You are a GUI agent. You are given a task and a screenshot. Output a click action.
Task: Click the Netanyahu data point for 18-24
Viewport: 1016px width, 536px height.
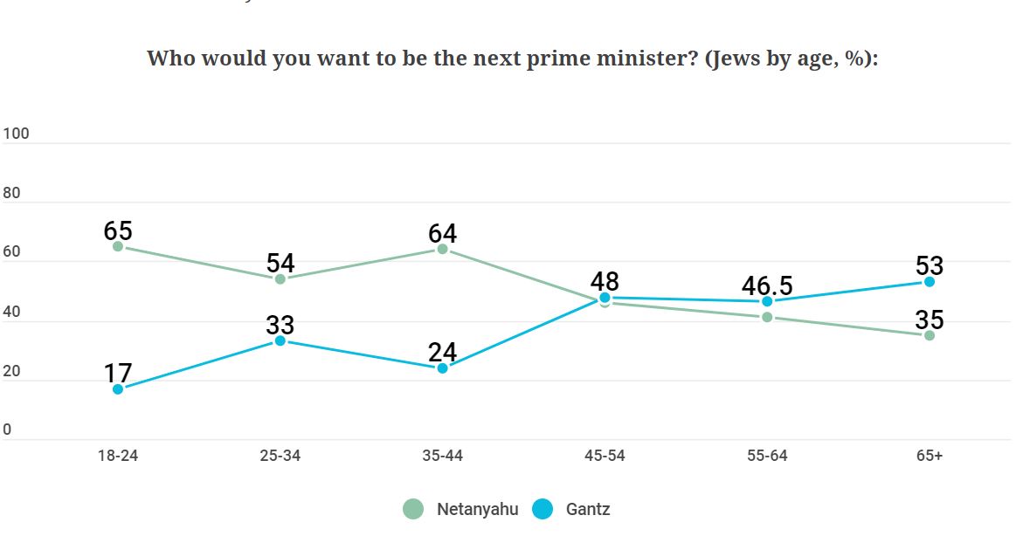point(118,246)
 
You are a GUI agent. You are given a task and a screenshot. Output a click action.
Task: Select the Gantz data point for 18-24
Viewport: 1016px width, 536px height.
point(118,388)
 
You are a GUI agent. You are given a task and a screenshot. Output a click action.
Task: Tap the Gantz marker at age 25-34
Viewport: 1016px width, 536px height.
point(280,340)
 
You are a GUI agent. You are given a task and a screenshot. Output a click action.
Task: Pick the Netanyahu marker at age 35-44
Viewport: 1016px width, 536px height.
point(442,249)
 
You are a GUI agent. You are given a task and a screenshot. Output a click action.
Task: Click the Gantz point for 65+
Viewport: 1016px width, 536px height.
point(930,282)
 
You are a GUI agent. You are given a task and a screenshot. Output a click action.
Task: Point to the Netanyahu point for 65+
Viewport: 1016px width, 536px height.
point(930,335)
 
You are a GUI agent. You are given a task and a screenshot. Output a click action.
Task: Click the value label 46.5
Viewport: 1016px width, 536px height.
point(767,285)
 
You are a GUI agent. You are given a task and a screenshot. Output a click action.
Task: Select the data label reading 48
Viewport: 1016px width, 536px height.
point(605,281)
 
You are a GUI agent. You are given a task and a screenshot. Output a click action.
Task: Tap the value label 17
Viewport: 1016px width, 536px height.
point(118,373)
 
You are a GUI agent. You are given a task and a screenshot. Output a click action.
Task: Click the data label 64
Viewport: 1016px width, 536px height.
point(442,233)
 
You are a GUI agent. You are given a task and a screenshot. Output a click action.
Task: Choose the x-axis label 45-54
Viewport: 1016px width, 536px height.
point(605,456)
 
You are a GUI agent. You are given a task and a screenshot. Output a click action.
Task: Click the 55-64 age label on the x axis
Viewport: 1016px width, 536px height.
point(767,456)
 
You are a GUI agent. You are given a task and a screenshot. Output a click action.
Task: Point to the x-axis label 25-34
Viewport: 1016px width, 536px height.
point(280,456)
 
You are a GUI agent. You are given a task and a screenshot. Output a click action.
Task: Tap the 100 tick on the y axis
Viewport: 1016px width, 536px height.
point(16,134)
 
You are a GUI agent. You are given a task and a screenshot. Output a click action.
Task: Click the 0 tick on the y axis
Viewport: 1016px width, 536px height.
point(7,429)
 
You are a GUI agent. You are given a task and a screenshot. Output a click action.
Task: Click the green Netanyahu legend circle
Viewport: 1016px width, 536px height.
point(413,509)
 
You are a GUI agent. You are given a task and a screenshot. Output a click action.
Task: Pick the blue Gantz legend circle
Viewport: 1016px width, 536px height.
point(543,509)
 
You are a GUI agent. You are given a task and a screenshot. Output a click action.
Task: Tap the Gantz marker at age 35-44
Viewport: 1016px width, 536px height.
point(442,368)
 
